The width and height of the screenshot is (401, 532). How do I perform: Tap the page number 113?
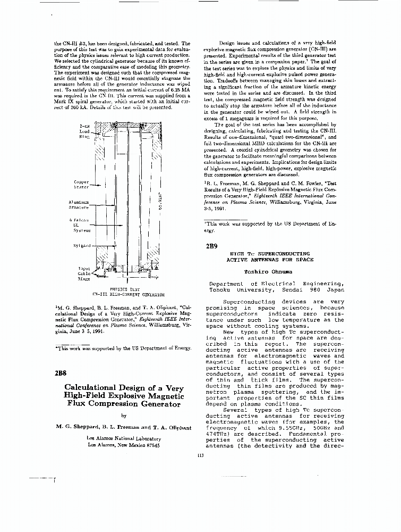[200, 454]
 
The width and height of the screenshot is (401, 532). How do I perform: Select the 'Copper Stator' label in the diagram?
[81, 184]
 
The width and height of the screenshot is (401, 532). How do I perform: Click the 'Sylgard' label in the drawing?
[82, 245]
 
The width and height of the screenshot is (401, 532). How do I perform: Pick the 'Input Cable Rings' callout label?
[83, 273]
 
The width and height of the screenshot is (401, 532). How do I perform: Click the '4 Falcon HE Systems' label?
[80, 225]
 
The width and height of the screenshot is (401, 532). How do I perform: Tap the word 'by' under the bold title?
[124, 415]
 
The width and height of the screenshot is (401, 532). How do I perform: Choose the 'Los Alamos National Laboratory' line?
[123, 438]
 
